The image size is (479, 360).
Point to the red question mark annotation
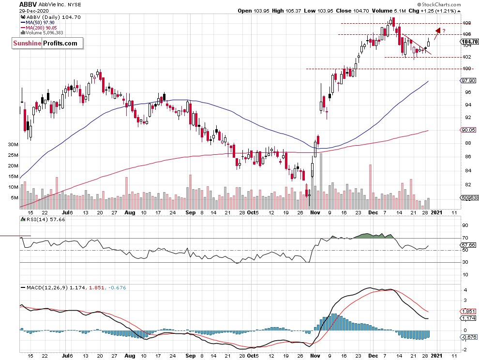tap(443, 31)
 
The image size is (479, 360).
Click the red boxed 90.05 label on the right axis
tap(466, 130)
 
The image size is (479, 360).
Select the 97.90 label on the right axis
tap(466, 81)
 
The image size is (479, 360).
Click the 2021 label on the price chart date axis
tap(436, 212)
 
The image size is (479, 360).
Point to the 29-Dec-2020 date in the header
tap(37, 11)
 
